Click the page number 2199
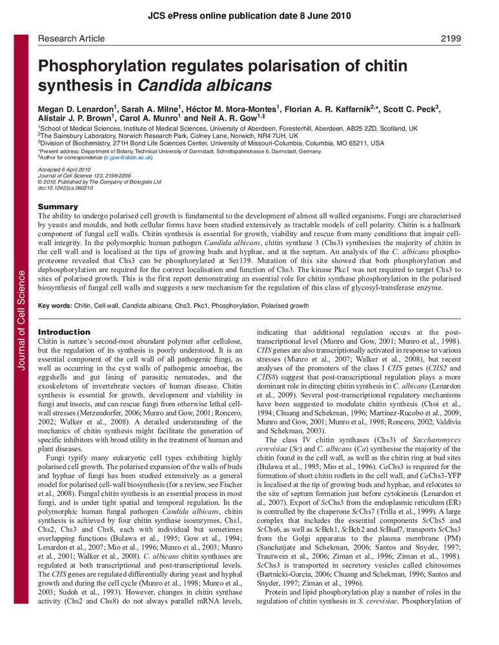pos(451,39)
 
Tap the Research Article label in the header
pos(71,39)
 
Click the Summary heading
pos(58,206)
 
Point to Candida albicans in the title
pos(174,85)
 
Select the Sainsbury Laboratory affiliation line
pos(168,135)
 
